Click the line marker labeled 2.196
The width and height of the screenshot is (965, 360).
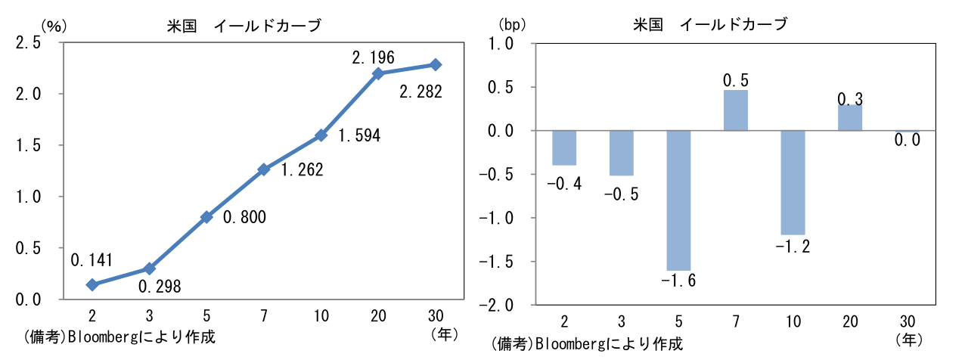[379, 73]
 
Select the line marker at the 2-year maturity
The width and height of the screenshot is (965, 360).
[92, 285]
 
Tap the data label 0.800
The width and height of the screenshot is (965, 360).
[244, 218]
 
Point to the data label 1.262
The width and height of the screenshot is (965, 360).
[302, 170]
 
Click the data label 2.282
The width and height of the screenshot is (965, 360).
[420, 92]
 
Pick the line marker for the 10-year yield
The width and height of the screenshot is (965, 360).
[321, 135]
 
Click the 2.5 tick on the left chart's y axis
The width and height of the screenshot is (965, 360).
[28, 43]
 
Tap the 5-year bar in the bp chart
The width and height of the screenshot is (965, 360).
[678, 200]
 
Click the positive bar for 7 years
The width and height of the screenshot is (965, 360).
[735, 110]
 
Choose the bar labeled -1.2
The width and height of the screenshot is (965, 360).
[793, 182]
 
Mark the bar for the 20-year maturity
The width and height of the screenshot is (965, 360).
[850, 118]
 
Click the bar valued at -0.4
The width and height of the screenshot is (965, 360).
[563, 148]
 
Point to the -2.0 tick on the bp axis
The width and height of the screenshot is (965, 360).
[498, 306]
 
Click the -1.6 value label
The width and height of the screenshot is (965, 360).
[678, 281]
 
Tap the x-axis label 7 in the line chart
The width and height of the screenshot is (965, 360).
[264, 315]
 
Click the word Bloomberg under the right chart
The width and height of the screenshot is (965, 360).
[568, 344]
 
